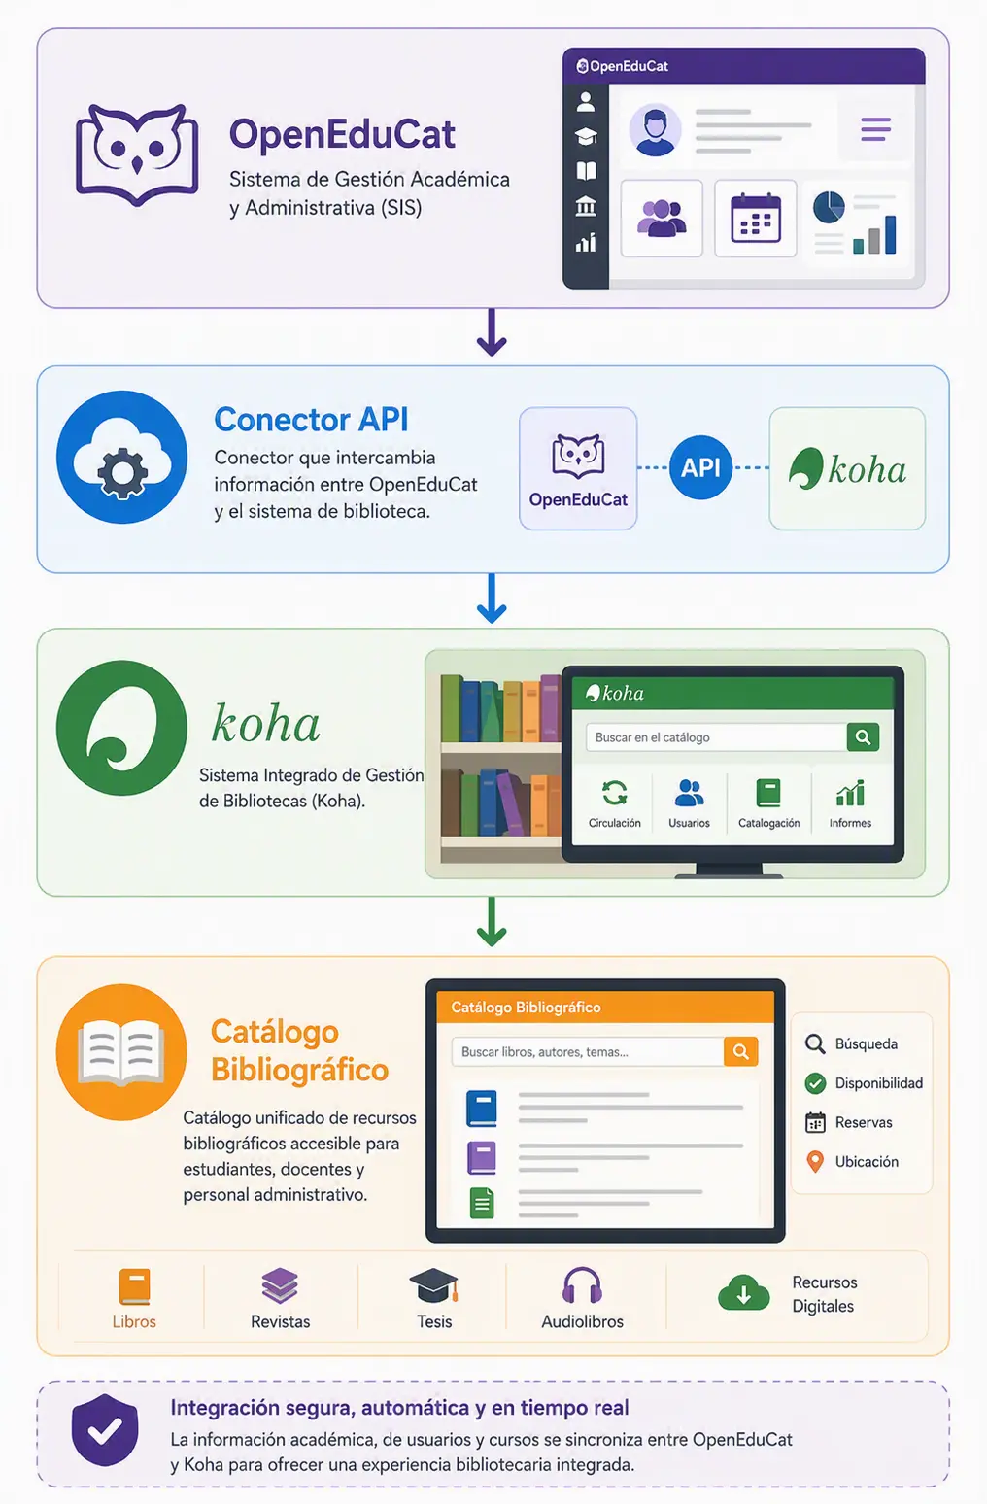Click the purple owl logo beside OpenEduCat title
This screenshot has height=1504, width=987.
(137, 154)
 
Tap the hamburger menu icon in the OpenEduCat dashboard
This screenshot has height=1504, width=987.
(875, 129)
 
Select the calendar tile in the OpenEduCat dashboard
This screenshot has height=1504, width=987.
(756, 219)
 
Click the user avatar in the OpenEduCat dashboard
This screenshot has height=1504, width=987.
(655, 129)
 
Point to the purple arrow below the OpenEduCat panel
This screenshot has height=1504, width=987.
(492, 332)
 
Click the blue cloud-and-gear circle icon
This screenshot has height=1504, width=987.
(121, 457)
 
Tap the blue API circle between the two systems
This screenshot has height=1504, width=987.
(700, 467)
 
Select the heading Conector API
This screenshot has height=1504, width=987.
(311, 419)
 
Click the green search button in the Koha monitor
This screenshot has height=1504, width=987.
(863, 737)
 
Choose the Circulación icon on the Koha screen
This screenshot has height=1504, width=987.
(614, 792)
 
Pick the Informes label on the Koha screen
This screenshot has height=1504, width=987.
(850, 823)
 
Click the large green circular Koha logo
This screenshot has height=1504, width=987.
(121, 728)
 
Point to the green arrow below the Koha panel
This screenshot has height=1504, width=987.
(492, 922)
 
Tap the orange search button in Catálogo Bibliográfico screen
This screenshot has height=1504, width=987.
(740, 1051)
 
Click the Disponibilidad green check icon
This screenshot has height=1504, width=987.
(815, 1083)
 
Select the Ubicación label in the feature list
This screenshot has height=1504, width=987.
(867, 1162)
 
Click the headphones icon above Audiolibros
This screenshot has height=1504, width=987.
(582, 1285)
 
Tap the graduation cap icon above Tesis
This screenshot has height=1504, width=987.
(433, 1285)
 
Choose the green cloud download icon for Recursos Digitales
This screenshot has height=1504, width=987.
(743, 1292)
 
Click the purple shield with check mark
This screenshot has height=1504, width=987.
(105, 1429)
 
